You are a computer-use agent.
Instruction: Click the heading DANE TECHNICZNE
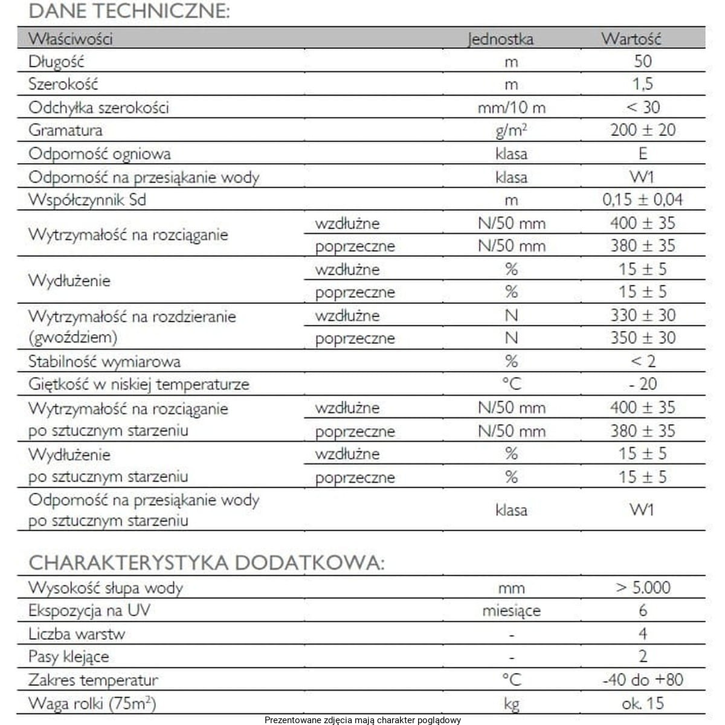click(x=129, y=11)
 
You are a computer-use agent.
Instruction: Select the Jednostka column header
click(x=500, y=39)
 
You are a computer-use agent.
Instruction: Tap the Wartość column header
click(x=631, y=39)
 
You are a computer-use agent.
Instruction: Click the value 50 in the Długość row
click(x=643, y=61)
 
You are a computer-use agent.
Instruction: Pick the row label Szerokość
click(x=63, y=84)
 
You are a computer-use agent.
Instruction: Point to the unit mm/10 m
click(x=511, y=108)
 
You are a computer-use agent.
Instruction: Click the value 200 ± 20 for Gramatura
click(x=643, y=130)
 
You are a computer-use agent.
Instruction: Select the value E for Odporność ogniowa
click(x=643, y=153)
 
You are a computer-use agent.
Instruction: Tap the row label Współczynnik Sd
click(x=87, y=200)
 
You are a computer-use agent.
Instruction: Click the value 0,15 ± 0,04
click(x=643, y=200)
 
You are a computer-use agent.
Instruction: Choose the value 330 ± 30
click(x=643, y=315)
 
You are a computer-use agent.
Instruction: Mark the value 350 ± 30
click(x=643, y=338)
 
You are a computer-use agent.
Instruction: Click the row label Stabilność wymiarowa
click(x=105, y=362)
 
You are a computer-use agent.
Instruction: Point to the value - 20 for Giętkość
click(x=643, y=384)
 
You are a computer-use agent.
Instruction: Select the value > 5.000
click(x=643, y=587)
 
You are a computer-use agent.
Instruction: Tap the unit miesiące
click(x=511, y=611)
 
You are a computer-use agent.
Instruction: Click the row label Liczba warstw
click(x=77, y=634)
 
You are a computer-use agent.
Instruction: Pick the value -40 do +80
click(x=643, y=680)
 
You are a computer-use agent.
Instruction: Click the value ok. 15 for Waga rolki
click(x=643, y=703)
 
